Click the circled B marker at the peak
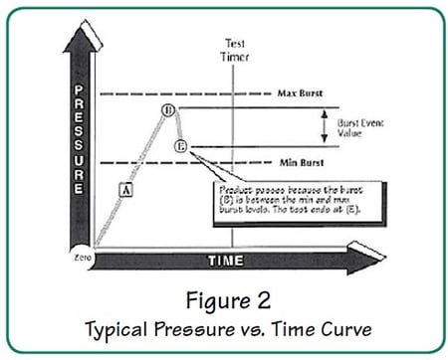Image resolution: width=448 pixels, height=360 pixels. (168, 109)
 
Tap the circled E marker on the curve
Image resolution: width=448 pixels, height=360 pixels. (180, 146)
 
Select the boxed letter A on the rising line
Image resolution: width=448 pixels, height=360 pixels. (125, 187)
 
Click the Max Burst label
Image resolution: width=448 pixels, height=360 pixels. (298, 92)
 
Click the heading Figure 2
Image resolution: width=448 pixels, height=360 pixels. (225, 300)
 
